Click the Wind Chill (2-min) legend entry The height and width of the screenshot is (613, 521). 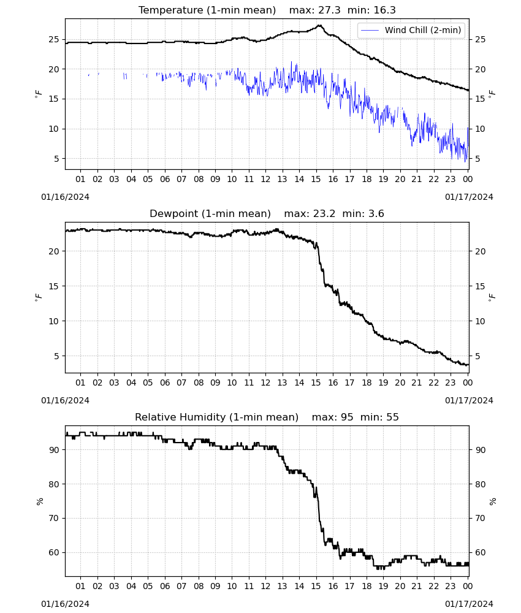click(x=411, y=30)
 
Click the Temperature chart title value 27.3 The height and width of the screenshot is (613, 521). click(x=329, y=10)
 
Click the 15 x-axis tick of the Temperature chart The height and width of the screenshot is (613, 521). click(x=316, y=179)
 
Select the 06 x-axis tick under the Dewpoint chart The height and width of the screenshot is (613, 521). click(x=165, y=383)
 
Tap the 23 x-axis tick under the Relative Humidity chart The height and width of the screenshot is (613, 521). click(x=451, y=586)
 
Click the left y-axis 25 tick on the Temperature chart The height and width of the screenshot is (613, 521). click(x=54, y=39)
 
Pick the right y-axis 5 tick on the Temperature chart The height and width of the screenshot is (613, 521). click(x=477, y=159)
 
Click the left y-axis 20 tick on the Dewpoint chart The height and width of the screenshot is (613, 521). click(x=54, y=251)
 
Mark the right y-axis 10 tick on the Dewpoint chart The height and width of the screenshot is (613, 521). click(x=480, y=321)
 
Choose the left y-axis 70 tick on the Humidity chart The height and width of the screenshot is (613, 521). click(x=54, y=519)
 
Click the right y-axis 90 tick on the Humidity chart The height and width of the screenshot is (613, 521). click(x=480, y=450)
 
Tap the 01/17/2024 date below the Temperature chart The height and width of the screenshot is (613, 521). click(x=469, y=197)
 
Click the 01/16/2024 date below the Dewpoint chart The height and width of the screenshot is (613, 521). click(x=65, y=400)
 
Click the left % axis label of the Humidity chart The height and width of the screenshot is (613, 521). click(x=39, y=501)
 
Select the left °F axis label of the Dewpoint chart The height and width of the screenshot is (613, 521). click(x=39, y=298)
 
